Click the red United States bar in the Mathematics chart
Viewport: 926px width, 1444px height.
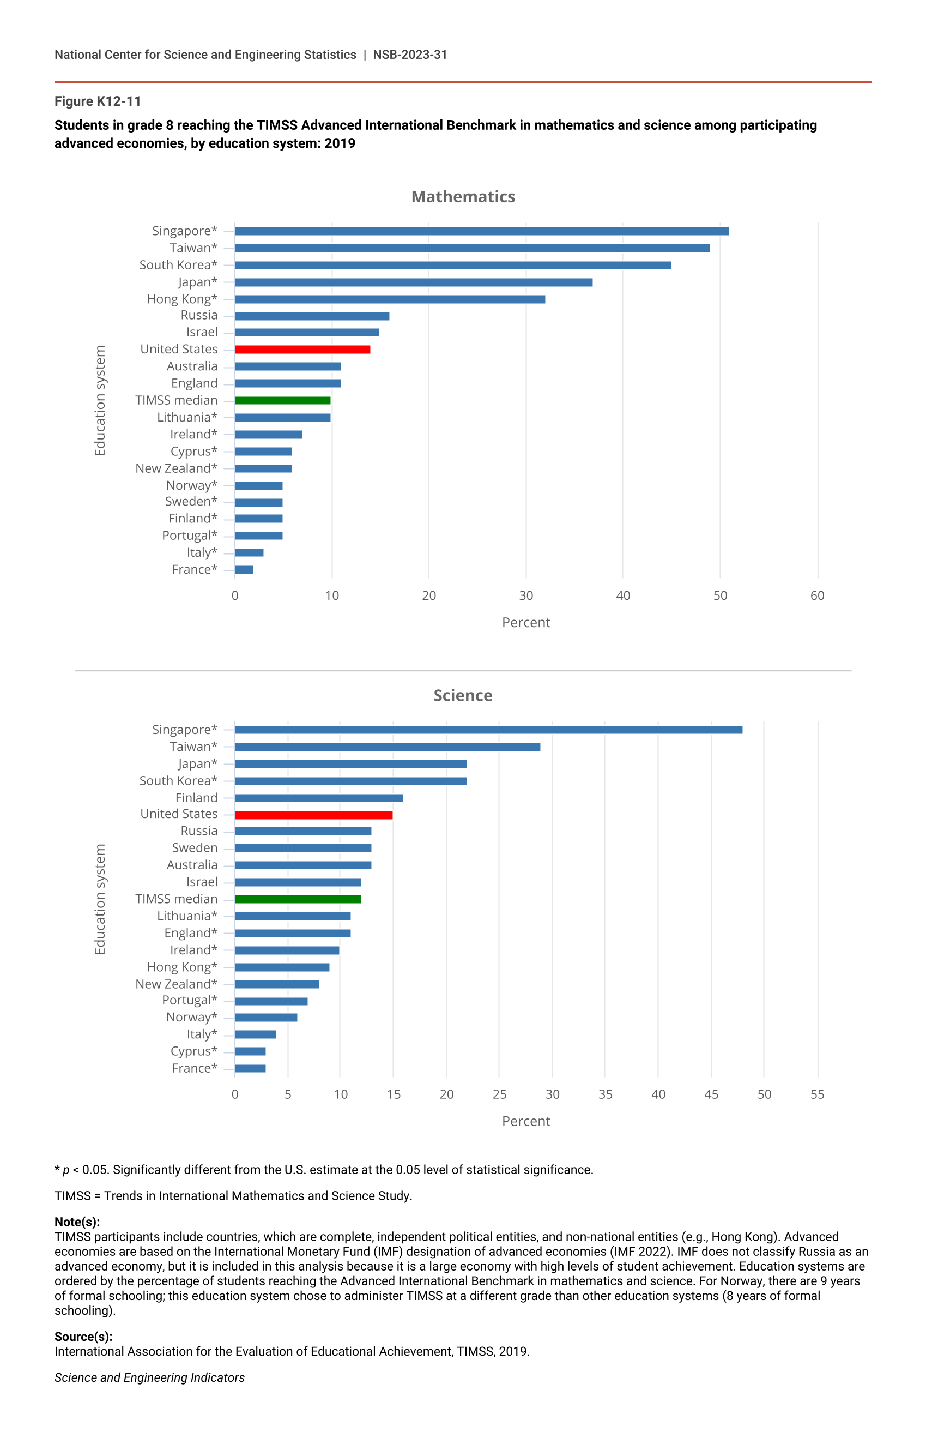pos(302,350)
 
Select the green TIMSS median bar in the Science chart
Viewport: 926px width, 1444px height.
pos(298,899)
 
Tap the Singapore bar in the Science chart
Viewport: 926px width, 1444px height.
pos(488,730)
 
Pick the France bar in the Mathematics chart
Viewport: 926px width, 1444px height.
pos(244,570)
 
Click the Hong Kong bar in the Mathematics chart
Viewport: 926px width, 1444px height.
pos(390,299)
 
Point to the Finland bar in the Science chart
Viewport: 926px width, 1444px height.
pos(319,798)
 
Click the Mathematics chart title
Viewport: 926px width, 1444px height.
pos(463,197)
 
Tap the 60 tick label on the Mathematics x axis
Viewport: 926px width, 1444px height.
pos(817,595)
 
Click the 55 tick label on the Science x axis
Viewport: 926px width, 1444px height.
pos(817,1094)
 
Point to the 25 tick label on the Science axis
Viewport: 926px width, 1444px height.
pos(499,1094)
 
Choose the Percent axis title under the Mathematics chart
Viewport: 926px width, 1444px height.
pos(526,623)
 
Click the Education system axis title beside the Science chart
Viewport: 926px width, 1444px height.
pos(100,899)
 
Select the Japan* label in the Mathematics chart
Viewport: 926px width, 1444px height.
pos(197,282)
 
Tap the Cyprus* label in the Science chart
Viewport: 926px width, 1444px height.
pos(193,1051)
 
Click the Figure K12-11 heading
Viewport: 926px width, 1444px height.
pos(98,101)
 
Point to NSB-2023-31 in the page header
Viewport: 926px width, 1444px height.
pos(410,55)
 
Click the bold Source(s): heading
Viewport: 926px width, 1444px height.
pos(83,1337)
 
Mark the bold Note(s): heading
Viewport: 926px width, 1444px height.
pos(77,1222)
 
